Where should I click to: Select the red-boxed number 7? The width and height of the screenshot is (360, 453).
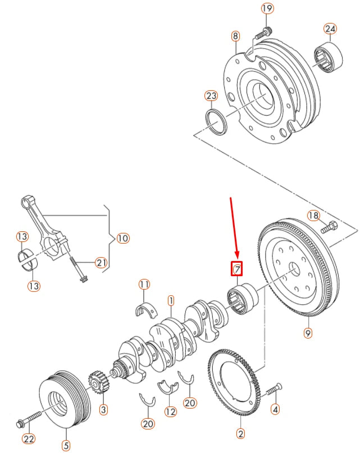(x=238, y=269)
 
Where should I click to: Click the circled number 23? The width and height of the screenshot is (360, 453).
(x=211, y=96)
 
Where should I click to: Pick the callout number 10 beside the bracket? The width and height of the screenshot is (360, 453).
(x=122, y=239)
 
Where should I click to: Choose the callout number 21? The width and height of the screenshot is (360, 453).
(x=100, y=262)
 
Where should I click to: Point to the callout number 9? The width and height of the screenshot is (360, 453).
(x=308, y=333)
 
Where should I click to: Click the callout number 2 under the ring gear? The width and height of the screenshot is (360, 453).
(x=241, y=433)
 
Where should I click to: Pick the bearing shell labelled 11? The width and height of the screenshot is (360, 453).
(x=144, y=309)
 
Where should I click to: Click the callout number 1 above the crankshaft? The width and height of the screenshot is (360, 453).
(x=170, y=301)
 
